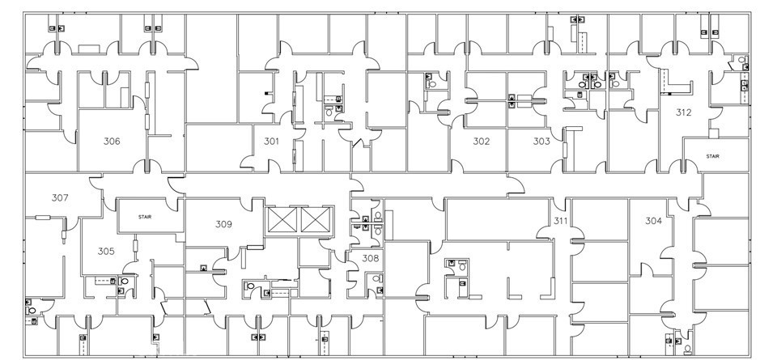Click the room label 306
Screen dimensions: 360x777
pos(112,142)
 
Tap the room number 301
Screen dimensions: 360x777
pos(271,142)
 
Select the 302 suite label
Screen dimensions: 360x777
pos(482,142)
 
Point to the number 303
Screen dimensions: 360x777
pos(541,142)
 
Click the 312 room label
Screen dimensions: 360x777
pos(684,112)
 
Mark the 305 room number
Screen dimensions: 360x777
pos(106,252)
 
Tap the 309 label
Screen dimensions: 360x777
pos(223,223)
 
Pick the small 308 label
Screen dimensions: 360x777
pos(370,259)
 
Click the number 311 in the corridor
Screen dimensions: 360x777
pos(560,221)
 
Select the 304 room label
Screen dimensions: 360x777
pos(654,221)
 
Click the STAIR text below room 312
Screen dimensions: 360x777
pos(712,156)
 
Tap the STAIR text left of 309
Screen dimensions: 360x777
pos(146,217)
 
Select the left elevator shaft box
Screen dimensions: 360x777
pos(282,221)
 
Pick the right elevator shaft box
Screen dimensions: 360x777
pos(316,221)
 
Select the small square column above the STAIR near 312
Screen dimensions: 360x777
pos(713,133)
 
